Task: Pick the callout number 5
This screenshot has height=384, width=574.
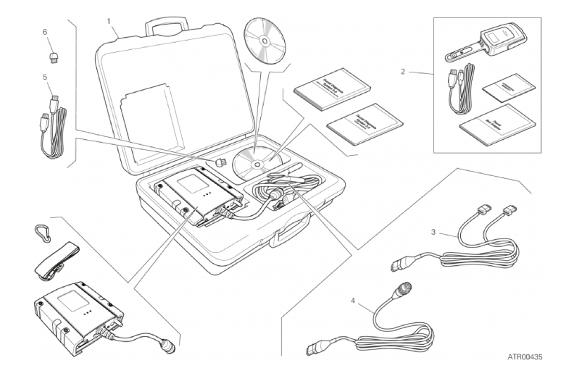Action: coord(45,76)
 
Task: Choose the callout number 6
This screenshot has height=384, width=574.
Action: coord(45,33)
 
